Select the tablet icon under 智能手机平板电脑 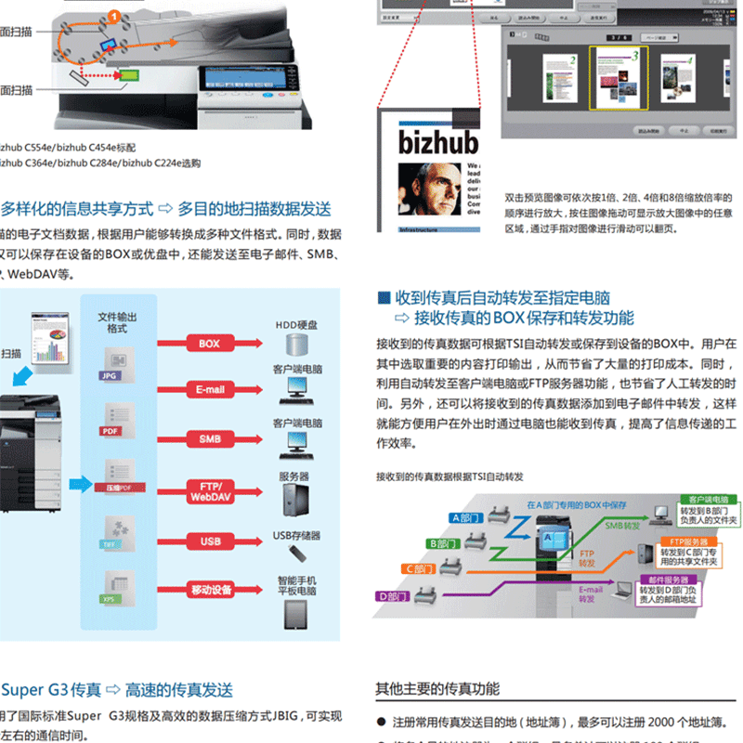pyautogui.click(x=297, y=613)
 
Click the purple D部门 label pyautogui.click(x=393, y=595)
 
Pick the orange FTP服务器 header pyautogui.click(x=688, y=541)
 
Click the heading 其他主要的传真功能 pyautogui.click(x=437, y=689)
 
